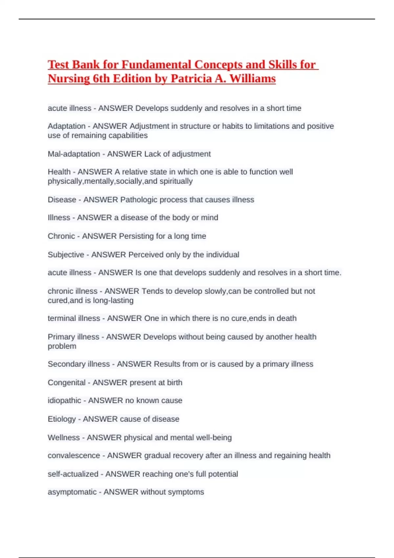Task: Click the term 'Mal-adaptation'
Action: pos(74,154)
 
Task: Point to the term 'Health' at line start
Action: pos(59,172)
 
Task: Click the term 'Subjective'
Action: pos(66,255)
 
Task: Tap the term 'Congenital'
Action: pos(67,382)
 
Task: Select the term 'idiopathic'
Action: pos(64,400)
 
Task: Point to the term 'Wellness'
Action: pos(64,438)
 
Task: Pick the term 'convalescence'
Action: pos(74,456)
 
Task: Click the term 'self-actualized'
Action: pos(73,474)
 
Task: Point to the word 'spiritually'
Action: pos(176,181)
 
